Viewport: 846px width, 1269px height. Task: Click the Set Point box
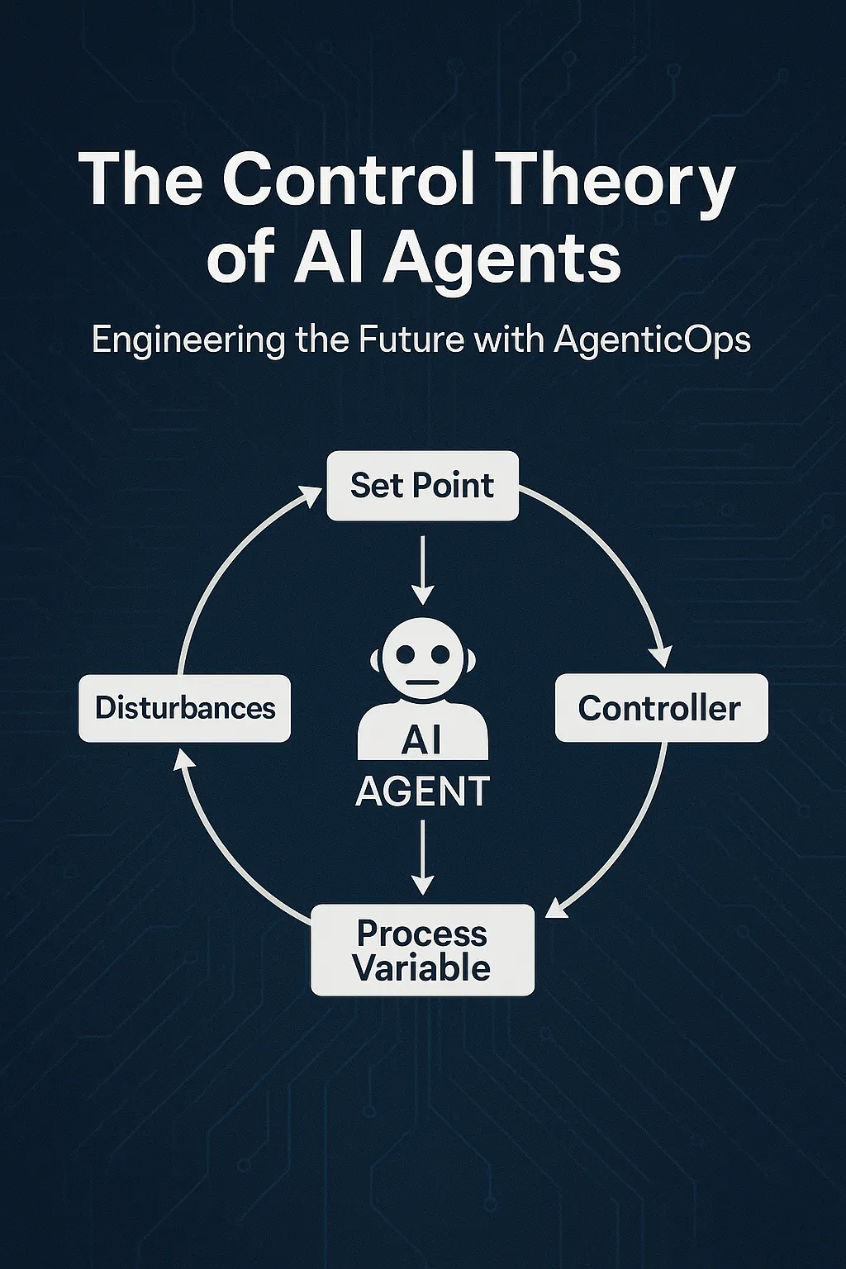tap(422, 486)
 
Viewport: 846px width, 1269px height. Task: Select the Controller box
tap(661, 708)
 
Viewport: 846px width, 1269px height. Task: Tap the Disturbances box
tap(184, 708)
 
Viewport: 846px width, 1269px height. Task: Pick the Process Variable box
tap(422, 950)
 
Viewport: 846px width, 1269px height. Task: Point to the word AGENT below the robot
tap(422, 791)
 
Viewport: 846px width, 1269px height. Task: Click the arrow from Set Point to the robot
tap(422, 570)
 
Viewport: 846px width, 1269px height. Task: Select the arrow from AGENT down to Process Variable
tap(422, 855)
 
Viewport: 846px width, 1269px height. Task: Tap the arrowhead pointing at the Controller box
tap(661, 657)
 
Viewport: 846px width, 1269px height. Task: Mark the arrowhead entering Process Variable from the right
tap(555, 908)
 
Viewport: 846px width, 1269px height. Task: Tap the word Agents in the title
tap(501, 258)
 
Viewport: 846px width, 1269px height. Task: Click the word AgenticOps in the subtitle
tap(652, 340)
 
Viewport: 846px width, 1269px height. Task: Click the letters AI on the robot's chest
tap(421, 739)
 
